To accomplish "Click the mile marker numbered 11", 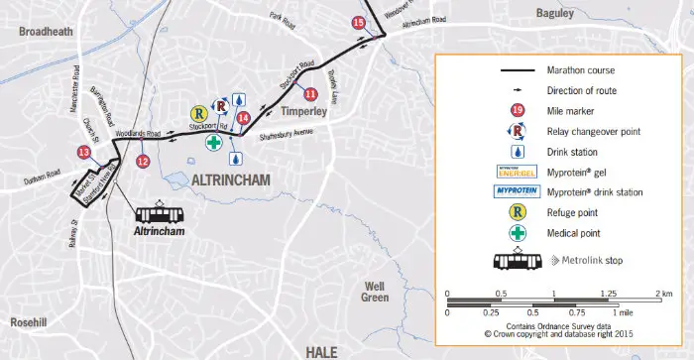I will pyautogui.click(x=310, y=94).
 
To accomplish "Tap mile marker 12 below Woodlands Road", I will pyautogui.click(x=143, y=161).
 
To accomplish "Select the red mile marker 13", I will pyautogui.click(x=84, y=152).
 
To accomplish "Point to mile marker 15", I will pyautogui.click(x=359, y=22).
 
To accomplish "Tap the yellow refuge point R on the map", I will pyautogui.click(x=198, y=114).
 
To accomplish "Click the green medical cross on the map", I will pyautogui.click(x=213, y=143).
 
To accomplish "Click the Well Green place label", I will pyautogui.click(x=375, y=291).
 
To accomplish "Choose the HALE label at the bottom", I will pyautogui.click(x=323, y=350).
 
